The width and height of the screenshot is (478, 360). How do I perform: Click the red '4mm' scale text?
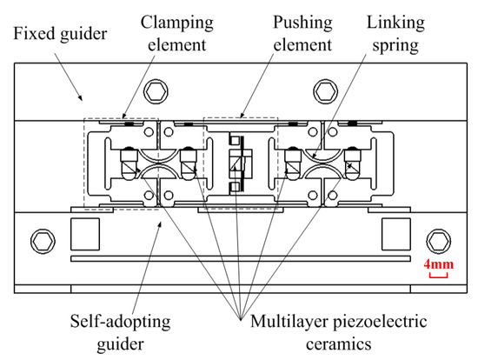click(439, 263)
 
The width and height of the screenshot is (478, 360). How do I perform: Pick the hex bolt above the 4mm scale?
click(438, 239)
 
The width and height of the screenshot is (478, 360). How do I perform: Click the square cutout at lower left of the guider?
click(84, 232)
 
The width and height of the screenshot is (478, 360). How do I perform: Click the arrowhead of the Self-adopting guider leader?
click(160, 223)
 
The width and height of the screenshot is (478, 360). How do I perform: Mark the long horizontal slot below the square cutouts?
click(239, 260)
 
